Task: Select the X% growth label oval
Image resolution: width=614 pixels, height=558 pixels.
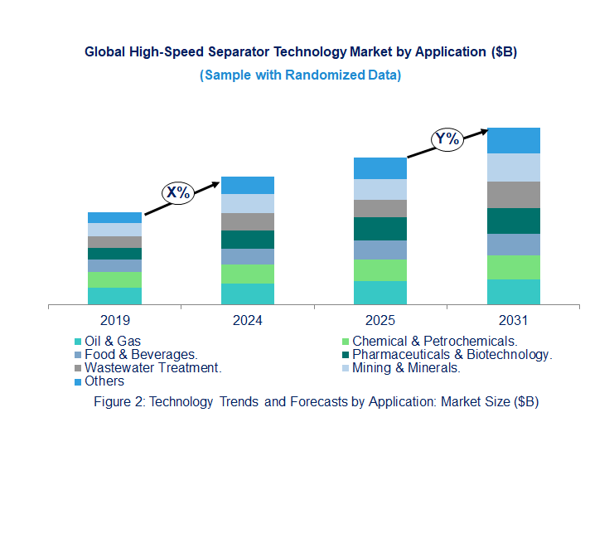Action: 177,192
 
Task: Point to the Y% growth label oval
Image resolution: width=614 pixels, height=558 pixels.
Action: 447,138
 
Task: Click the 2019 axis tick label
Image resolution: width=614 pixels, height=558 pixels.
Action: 114,321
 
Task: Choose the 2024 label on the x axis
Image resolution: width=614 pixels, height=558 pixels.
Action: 248,321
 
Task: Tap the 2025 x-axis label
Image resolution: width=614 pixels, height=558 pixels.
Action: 380,321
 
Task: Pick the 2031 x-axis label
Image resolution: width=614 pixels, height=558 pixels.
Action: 513,321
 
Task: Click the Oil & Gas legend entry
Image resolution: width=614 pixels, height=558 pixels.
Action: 112,341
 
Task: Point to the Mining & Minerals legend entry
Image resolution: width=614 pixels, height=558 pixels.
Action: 406,367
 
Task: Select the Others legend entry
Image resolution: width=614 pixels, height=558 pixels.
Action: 104,381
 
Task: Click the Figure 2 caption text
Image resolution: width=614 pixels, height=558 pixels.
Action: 307,401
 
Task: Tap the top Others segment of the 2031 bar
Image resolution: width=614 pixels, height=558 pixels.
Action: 513,140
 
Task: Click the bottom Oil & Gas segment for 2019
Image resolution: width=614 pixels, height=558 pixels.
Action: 114,296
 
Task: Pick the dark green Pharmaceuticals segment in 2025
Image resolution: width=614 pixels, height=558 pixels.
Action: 380,229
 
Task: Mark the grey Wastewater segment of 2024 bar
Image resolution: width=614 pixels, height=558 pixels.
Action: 248,221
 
